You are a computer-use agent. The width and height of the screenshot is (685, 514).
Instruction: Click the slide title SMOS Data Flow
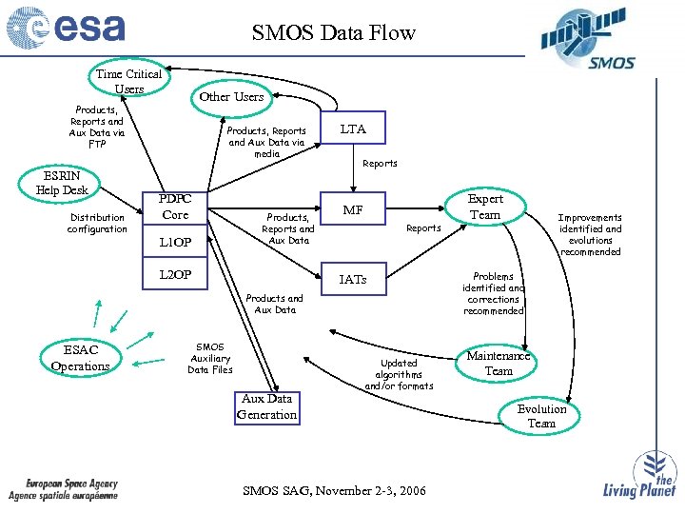334,33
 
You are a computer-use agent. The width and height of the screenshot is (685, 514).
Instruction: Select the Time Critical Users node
129,81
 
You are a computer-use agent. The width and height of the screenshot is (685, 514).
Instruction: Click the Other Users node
231,96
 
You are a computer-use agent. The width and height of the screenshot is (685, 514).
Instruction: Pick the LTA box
353,128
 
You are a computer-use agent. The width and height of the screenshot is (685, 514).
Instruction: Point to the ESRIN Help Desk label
62,183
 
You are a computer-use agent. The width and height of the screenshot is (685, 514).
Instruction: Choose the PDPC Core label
176,207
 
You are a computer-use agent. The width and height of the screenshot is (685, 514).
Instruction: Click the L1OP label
176,243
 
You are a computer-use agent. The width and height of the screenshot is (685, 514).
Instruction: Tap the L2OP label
176,275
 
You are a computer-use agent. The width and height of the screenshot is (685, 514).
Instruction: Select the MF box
353,209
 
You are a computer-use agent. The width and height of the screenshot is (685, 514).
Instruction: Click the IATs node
353,279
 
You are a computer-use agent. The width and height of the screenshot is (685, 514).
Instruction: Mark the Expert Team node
485,207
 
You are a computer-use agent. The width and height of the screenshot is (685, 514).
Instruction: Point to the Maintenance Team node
499,363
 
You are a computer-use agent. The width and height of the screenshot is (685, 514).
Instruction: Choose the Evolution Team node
541,416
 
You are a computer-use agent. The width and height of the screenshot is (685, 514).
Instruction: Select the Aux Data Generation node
267,406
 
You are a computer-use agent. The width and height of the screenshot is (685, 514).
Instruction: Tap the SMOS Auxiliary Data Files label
209,358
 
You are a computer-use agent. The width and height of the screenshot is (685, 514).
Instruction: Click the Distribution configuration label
97,223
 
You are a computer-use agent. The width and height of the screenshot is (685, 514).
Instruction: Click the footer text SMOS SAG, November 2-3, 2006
335,490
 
